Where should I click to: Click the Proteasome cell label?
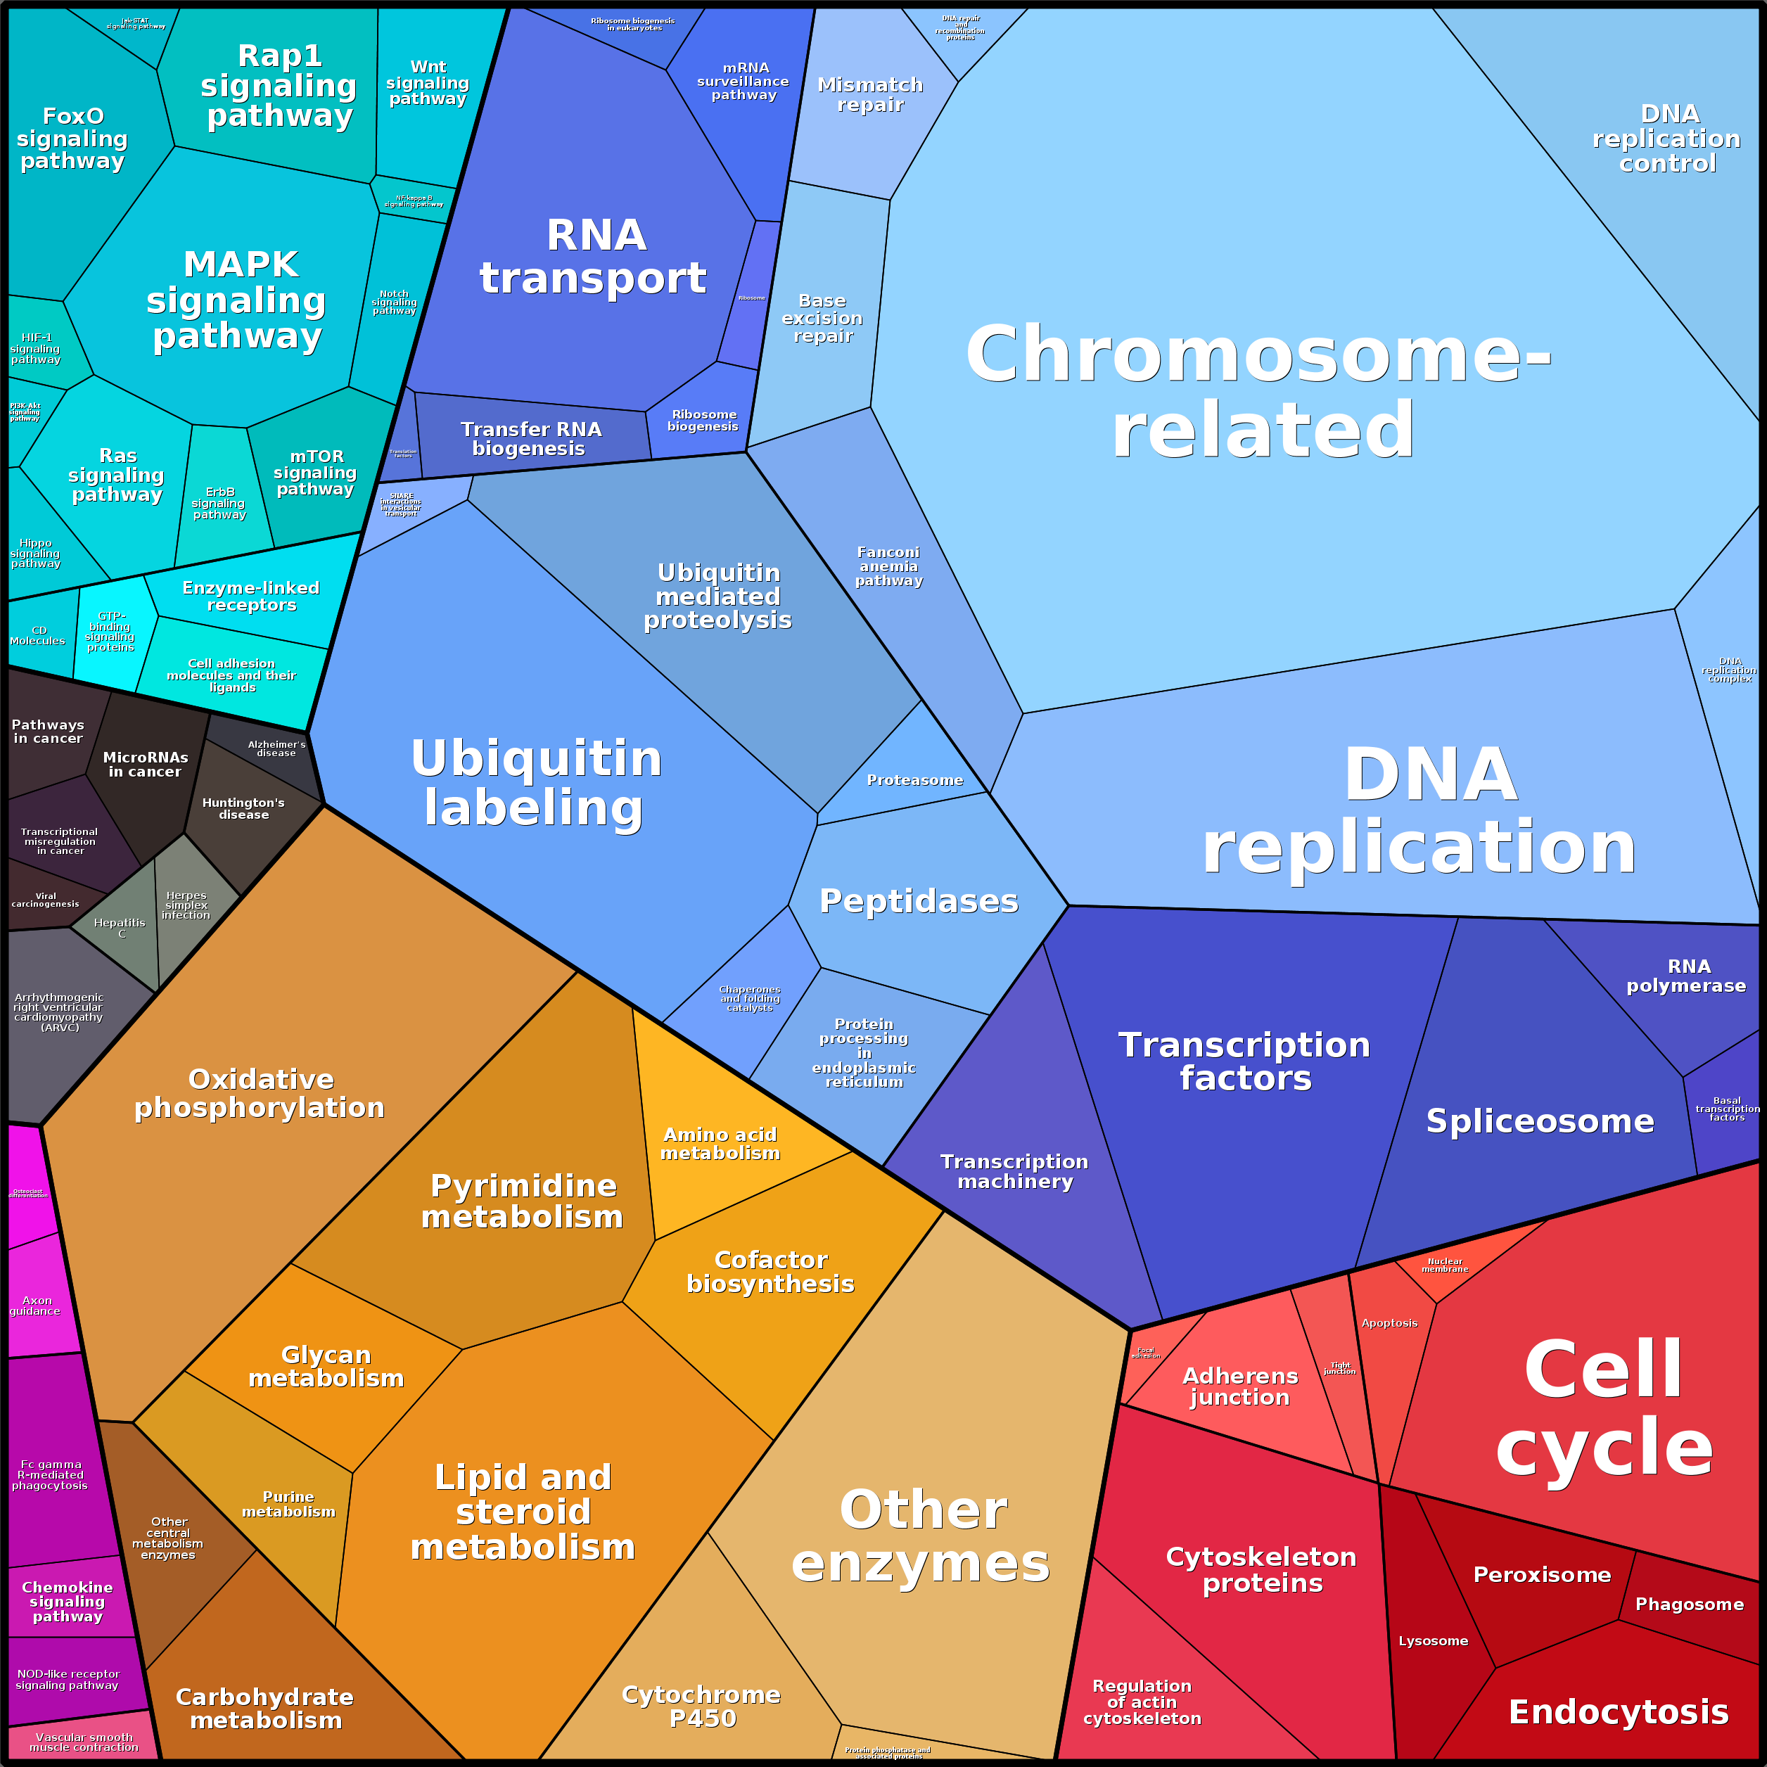914,780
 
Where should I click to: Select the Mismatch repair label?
869,95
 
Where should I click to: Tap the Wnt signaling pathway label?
427,83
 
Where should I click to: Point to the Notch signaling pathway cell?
394,302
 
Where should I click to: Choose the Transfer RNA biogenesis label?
530,439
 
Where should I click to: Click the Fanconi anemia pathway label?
888,566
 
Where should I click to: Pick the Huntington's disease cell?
243,808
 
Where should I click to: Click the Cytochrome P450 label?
701,1707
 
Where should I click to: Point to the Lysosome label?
1433,1641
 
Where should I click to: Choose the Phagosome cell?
1689,1605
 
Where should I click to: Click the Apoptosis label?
1389,1323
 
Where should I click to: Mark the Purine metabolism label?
289,1505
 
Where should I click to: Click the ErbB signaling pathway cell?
219,503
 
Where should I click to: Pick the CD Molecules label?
39,636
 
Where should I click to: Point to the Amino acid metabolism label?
721,1144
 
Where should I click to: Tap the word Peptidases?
918,902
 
